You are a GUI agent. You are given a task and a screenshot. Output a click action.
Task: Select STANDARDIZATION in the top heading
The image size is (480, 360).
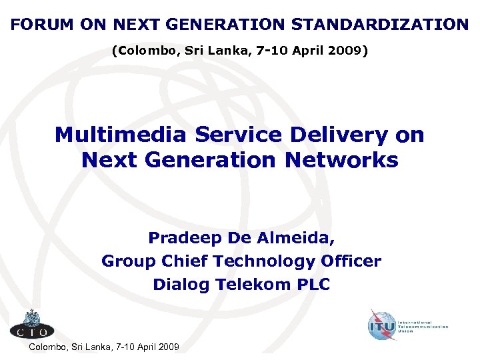click(x=380, y=25)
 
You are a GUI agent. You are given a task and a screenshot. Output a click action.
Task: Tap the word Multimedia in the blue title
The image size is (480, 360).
click(x=120, y=135)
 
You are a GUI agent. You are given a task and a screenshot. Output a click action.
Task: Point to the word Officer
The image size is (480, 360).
click(x=351, y=261)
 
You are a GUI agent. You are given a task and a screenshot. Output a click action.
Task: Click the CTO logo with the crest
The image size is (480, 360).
click(x=31, y=324)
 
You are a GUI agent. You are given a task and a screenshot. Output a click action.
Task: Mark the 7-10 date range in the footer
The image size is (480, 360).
click(x=125, y=347)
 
